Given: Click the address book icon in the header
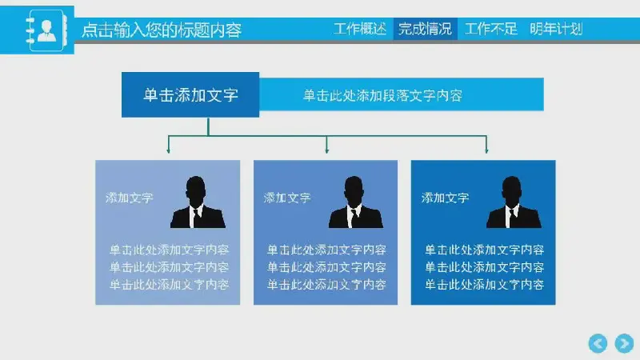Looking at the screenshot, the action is pyautogui.click(x=46, y=30).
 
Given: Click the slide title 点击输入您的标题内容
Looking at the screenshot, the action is pyautogui.click(x=162, y=30).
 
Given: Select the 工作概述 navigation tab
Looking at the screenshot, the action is pyautogui.click(x=359, y=29).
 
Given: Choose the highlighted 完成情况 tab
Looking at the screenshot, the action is pyautogui.click(x=425, y=29).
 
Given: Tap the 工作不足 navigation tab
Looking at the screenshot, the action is pyautogui.click(x=490, y=29).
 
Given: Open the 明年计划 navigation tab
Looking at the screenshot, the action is pyautogui.click(x=556, y=29).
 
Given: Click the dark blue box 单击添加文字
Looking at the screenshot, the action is pyautogui.click(x=190, y=94).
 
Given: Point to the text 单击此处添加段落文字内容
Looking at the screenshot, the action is pyautogui.click(x=382, y=95).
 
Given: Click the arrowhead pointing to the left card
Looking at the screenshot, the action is pyautogui.click(x=168, y=150).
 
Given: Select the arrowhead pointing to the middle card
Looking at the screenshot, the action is pyautogui.click(x=326, y=150).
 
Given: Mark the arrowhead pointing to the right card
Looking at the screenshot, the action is pyautogui.click(x=486, y=150).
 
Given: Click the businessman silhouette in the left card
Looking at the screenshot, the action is pyautogui.click(x=198, y=202).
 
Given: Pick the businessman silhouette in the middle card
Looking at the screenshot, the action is pyautogui.click(x=355, y=202).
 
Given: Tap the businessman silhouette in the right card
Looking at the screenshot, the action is pyautogui.click(x=514, y=202).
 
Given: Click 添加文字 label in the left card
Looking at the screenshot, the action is pyautogui.click(x=129, y=198).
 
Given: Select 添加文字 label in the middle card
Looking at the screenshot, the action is pyautogui.click(x=287, y=198).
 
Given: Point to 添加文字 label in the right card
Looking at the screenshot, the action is pyautogui.click(x=445, y=198).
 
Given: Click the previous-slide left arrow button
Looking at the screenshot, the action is pyautogui.click(x=598, y=343).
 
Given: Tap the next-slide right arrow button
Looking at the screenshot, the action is pyautogui.click(x=624, y=343).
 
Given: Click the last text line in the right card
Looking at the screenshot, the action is pyautogui.click(x=485, y=285).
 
